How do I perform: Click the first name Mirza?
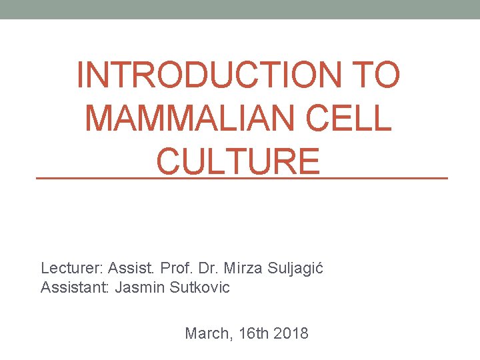click(x=247, y=269)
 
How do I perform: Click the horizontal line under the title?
click(x=241, y=179)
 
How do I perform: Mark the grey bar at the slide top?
click(x=240, y=9)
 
